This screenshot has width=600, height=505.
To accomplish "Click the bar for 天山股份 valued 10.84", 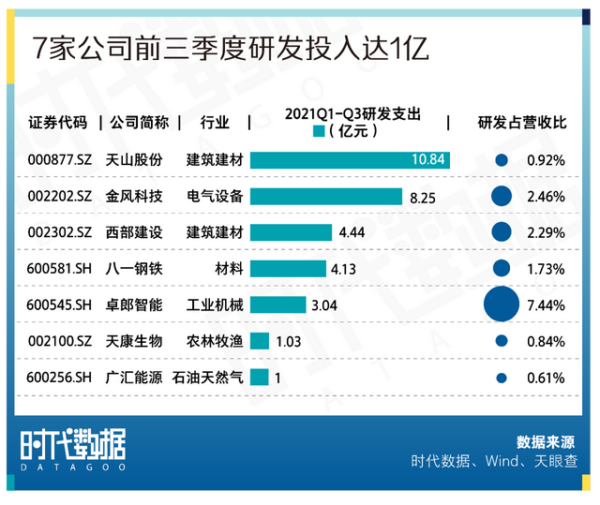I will pyautogui.click(x=350, y=160).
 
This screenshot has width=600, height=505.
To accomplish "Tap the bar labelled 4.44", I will pyautogui.click(x=291, y=232).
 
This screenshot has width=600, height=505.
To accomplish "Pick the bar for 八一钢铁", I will pyautogui.click(x=288, y=269).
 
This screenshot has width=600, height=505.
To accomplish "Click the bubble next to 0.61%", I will pyautogui.click(x=501, y=379).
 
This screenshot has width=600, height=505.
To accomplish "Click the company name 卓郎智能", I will pyautogui.click(x=134, y=305).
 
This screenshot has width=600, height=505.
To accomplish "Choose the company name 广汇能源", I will pyautogui.click(x=134, y=379).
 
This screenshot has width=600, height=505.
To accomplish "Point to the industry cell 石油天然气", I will pyautogui.click(x=208, y=379).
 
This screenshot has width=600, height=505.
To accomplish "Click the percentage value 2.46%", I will pyautogui.click(x=546, y=197).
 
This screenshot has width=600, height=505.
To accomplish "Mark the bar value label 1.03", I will pyautogui.click(x=289, y=342).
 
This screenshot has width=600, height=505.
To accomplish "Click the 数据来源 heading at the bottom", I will pyautogui.click(x=547, y=441).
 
